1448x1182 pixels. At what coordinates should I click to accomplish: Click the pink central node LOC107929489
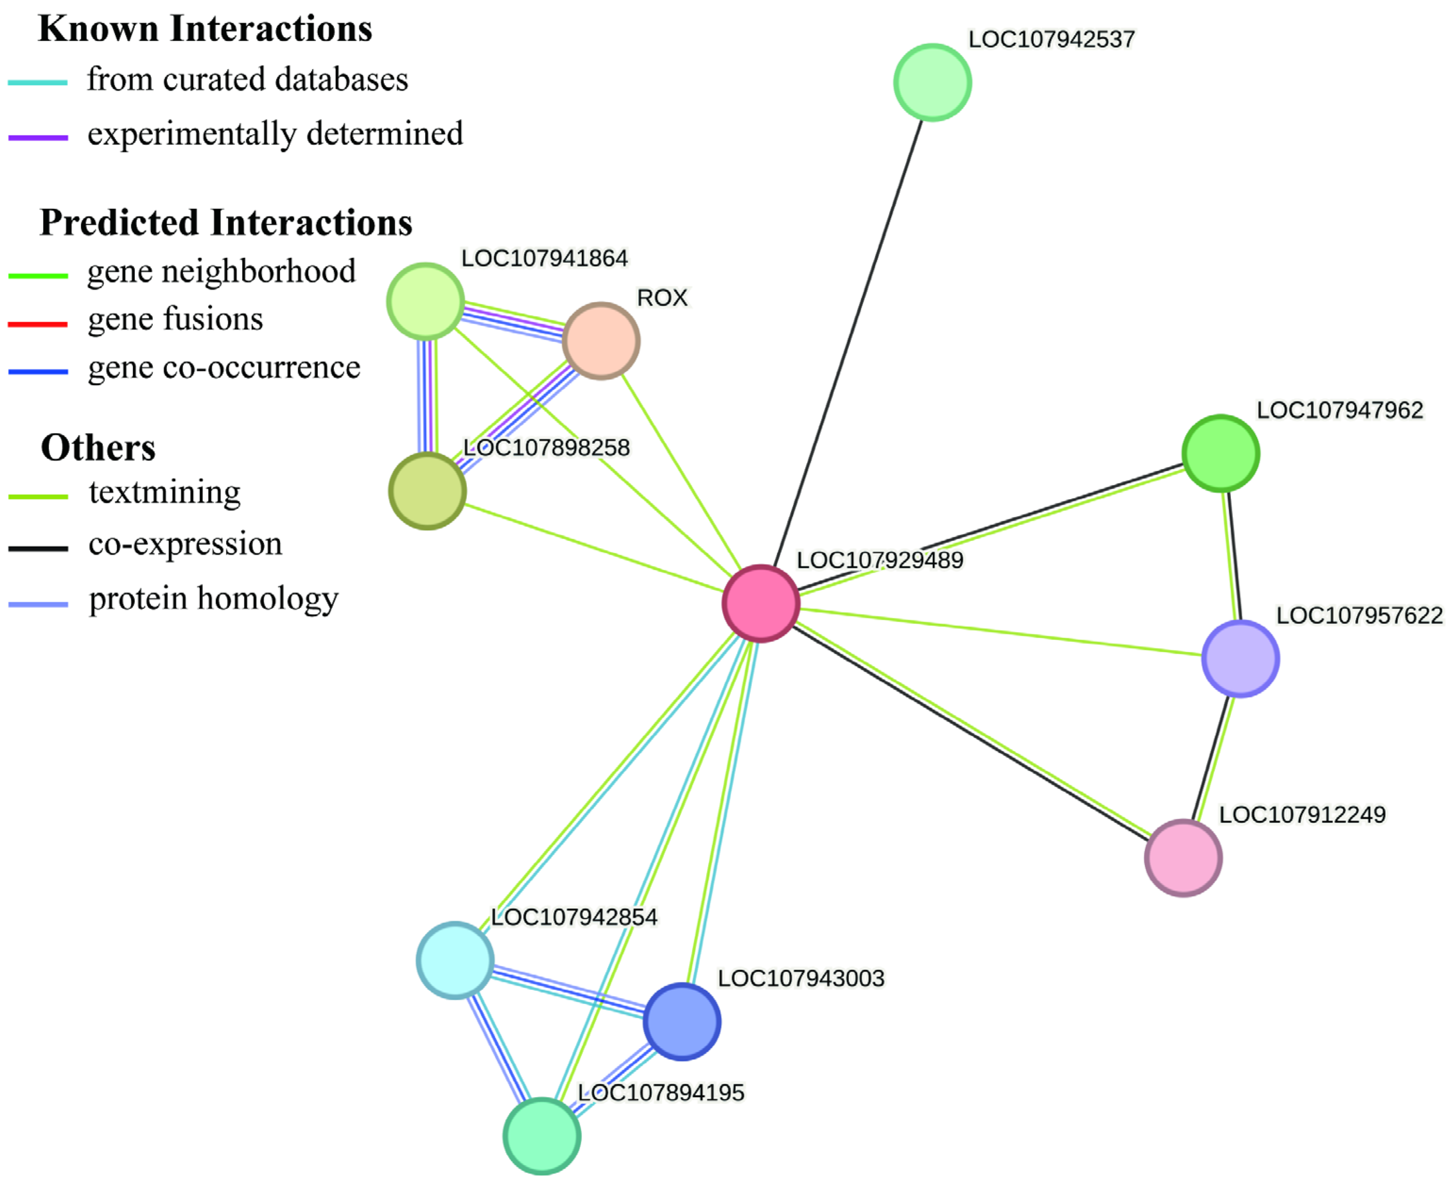(x=760, y=603)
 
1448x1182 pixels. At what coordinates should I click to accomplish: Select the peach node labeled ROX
(x=601, y=341)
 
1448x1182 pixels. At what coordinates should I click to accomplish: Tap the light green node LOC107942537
(x=932, y=83)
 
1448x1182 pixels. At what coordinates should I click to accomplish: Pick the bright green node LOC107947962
(x=1221, y=453)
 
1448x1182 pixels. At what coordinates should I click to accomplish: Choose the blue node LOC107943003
(x=682, y=1021)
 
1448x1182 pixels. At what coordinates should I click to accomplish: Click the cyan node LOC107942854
(x=455, y=960)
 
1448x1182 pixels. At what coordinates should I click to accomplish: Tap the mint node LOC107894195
(x=542, y=1136)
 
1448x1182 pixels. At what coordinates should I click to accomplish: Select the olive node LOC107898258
(x=427, y=491)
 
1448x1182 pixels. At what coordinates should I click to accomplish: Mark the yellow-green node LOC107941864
(x=425, y=301)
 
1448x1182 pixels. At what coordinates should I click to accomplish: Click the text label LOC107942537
(x=1051, y=40)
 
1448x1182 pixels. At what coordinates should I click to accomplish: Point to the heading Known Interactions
(x=205, y=29)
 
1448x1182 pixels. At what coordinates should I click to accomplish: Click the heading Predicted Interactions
(x=226, y=223)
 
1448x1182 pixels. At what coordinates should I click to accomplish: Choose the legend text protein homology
(x=213, y=599)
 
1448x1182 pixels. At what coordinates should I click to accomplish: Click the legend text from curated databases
(x=247, y=79)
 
